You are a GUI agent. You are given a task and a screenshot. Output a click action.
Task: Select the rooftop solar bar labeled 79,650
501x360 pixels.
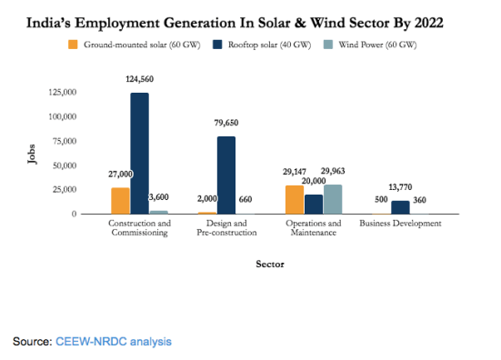225,175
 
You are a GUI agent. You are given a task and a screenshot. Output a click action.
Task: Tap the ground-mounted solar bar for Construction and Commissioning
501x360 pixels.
120,200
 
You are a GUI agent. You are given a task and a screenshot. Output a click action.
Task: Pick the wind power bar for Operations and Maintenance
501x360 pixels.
332,199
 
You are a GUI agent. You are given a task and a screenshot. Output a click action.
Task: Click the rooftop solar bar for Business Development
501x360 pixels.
400,207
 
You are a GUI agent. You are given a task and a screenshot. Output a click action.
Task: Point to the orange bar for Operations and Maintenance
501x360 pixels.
294,199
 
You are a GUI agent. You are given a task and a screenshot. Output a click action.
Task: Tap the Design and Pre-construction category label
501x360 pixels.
226,227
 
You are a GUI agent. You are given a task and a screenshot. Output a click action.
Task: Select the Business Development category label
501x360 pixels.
400,223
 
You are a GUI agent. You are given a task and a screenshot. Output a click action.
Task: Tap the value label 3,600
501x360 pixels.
159,198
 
